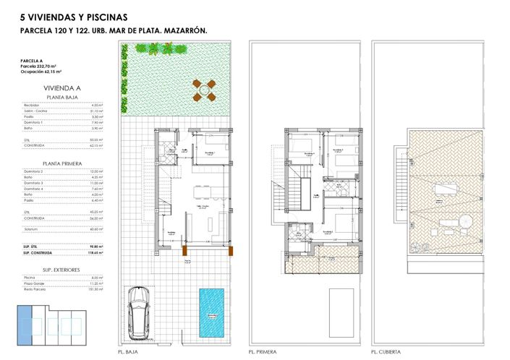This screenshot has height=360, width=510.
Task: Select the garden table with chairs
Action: (203, 90)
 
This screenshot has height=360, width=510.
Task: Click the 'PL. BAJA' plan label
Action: (128, 352)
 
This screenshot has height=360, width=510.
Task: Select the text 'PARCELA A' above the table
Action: (33, 61)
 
